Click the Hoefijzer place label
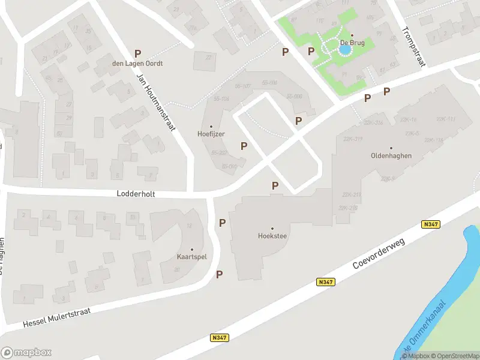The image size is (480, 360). click(x=211, y=134)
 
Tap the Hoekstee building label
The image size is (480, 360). click(x=272, y=236)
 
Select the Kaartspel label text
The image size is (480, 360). click(x=192, y=257)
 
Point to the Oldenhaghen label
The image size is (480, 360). click(x=391, y=155)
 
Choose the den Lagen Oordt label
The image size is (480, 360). click(x=137, y=63)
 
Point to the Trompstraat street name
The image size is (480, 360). click(x=413, y=47)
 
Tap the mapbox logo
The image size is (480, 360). click(x=26, y=353)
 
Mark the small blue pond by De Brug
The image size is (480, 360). click(x=344, y=51)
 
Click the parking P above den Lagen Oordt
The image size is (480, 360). click(x=137, y=53)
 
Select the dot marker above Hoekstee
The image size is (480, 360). click(x=272, y=229)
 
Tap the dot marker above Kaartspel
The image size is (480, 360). click(x=192, y=249)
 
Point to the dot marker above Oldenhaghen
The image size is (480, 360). click(x=391, y=148)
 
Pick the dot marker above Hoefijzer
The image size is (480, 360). click(x=211, y=126)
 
